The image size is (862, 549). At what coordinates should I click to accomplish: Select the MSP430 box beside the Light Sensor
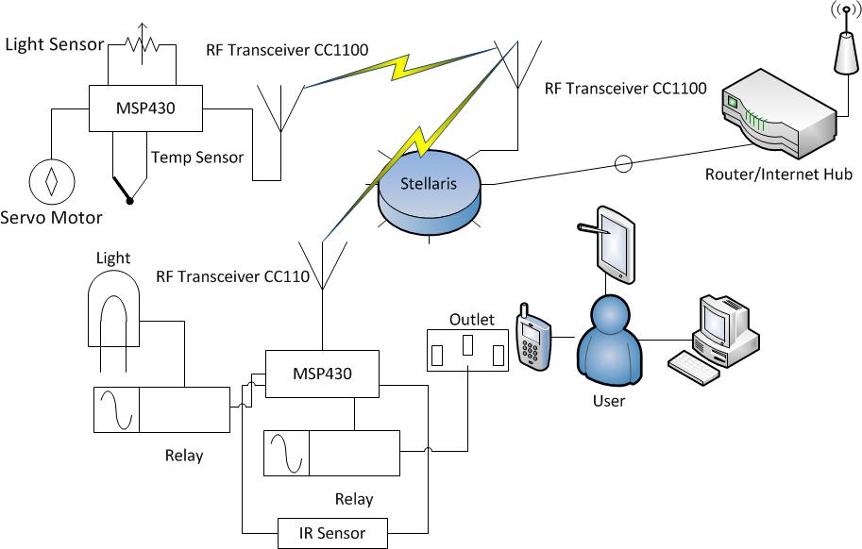click(x=145, y=108)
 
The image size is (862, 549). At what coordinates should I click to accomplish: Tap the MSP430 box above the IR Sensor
click(x=322, y=374)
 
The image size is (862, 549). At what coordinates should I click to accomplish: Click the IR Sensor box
click(x=333, y=533)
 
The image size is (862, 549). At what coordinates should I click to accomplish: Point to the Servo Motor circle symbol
click(x=53, y=177)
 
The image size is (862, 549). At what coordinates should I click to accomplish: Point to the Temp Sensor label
click(x=196, y=158)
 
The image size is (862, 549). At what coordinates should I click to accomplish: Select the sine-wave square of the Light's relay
click(x=116, y=408)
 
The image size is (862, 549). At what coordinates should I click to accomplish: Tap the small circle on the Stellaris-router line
click(x=622, y=164)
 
